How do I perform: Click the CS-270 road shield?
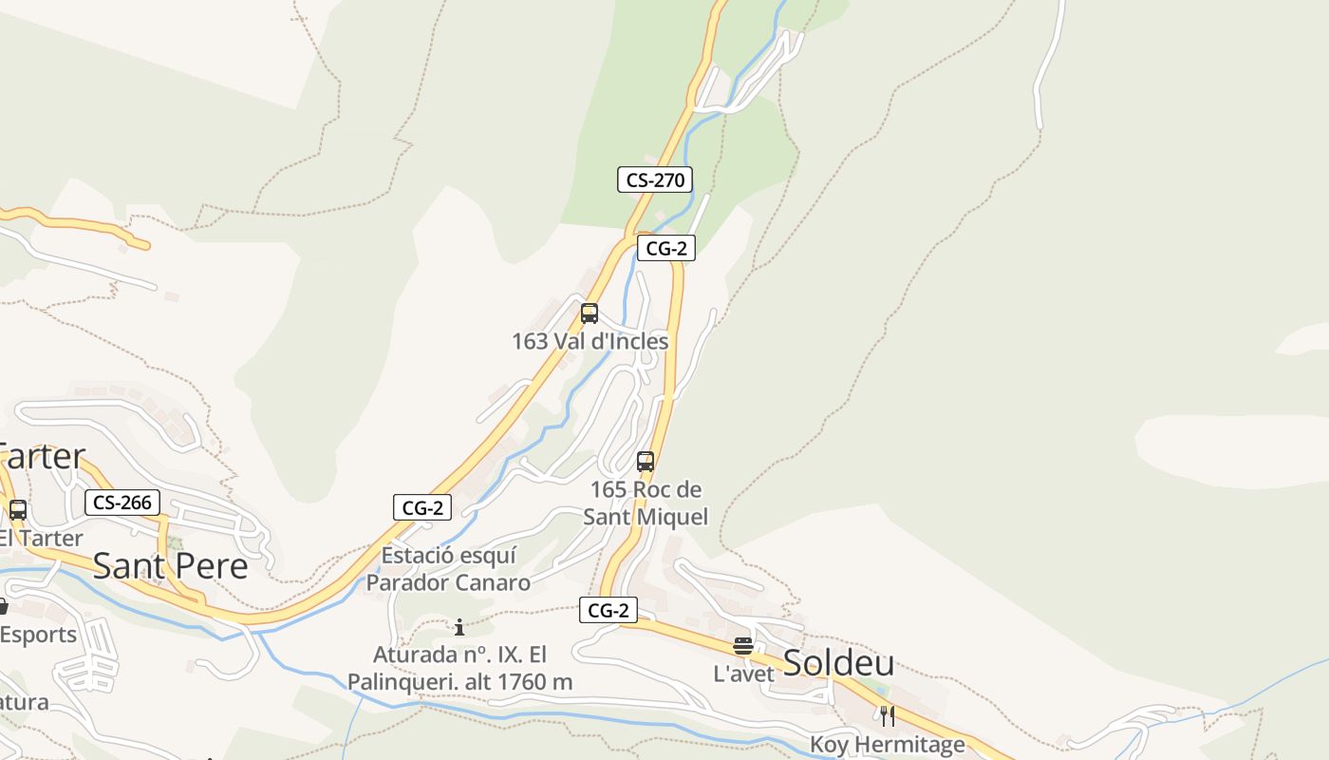(x=655, y=180)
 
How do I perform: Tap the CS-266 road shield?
(x=122, y=503)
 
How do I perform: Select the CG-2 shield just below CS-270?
(x=666, y=249)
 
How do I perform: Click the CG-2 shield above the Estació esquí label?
(x=422, y=507)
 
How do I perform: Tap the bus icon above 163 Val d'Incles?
(x=590, y=313)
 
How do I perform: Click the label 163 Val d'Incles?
(x=590, y=341)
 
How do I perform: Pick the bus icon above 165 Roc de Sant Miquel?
(x=646, y=463)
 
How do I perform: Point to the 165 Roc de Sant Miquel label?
(x=646, y=503)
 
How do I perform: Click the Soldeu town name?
(x=838, y=663)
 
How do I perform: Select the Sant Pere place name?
(x=170, y=566)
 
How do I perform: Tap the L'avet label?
(x=744, y=674)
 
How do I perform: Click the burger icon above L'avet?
(x=743, y=647)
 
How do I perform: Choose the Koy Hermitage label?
(x=888, y=744)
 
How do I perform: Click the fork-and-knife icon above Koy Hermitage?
(x=888, y=715)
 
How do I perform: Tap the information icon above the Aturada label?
(x=459, y=627)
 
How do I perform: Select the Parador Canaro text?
(x=448, y=582)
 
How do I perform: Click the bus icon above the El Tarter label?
(x=17, y=510)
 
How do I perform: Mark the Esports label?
(x=38, y=635)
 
